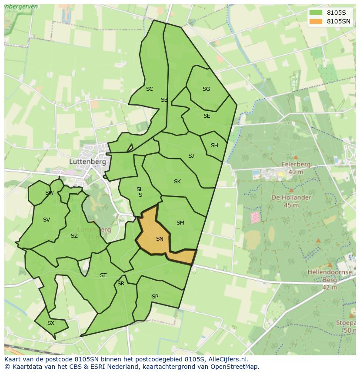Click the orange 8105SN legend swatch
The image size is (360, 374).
pyautogui.click(x=316, y=21)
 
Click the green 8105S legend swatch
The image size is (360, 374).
pyautogui.click(x=316, y=13)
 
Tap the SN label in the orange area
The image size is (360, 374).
pyautogui.click(x=160, y=239)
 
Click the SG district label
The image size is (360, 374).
pyautogui.click(x=206, y=89)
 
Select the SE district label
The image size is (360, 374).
pyautogui.click(x=207, y=116)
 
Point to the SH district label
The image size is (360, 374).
pyautogui.click(x=214, y=146)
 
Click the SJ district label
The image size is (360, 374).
pyautogui.click(x=191, y=156)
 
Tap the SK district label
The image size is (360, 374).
pyautogui.click(x=177, y=182)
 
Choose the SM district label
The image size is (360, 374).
pyautogui.click(x=180, y=223)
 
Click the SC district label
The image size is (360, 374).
pyautogui.click(x=150, y=89)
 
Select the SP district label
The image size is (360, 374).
pyautogui.click(x=155, y=297)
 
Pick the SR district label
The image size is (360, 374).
pyautogui.click(x=121, y=284)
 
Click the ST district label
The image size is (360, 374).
pyautogui.click(x=103, y=275)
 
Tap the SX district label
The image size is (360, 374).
pyautogui.click(x=51, y=323)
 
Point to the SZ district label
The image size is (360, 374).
pyautogui.click(x=74, y=236)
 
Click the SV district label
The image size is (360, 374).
pyautogui.click(x=47, y=220)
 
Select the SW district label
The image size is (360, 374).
pyautogui.click(x=49, y=193)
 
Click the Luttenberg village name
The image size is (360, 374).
pyautogui.click(x=87, y=161)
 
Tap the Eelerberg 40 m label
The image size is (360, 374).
pyautogui.click(x=296, y=168)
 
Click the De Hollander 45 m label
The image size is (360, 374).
pyautogui.click(x=291, y=201)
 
